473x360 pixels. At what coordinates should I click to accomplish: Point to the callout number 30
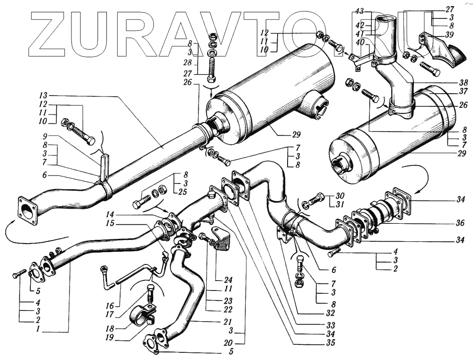click(341, 196)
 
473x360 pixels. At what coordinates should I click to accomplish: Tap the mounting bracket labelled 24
click(220, 238)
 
